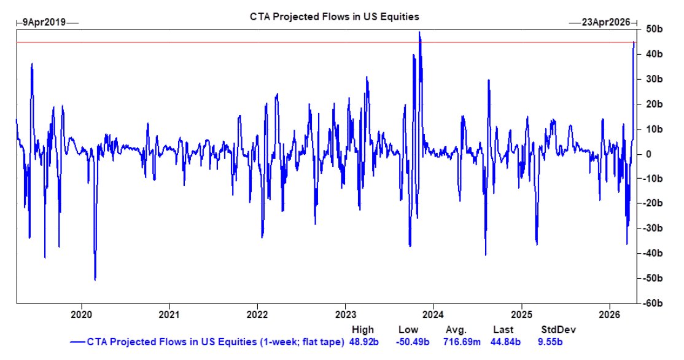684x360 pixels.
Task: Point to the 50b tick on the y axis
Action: tap(652, 29)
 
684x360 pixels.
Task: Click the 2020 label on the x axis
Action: tap(82, 312)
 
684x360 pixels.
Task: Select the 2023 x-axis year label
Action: tap(346, 312)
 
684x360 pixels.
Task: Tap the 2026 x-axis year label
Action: tap(609, 312)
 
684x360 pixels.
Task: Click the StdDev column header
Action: tap(553, 329)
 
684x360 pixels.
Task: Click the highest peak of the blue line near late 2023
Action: tap(419, 32)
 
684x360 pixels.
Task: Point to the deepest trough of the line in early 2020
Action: tap(95, 280)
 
